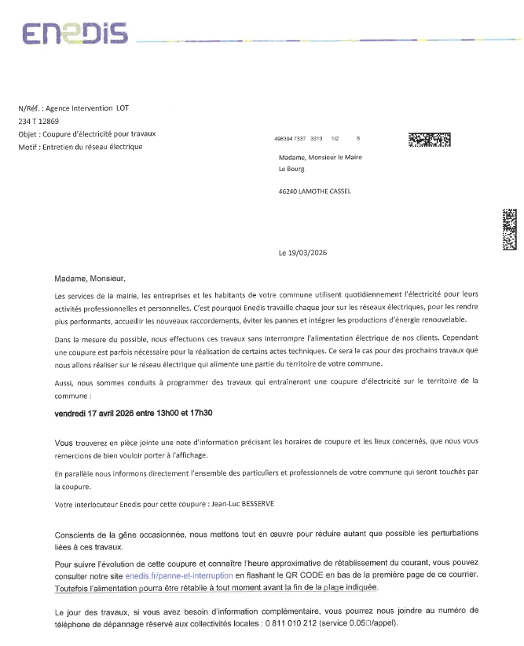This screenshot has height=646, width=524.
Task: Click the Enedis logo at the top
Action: tap(75, 34)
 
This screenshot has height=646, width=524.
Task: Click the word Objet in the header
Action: tap(28, 134)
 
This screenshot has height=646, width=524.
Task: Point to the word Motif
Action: tap(28, 147)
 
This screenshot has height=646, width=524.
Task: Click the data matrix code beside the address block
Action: tap(430, 141)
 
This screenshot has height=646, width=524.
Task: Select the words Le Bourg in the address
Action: tap(292, 169)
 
